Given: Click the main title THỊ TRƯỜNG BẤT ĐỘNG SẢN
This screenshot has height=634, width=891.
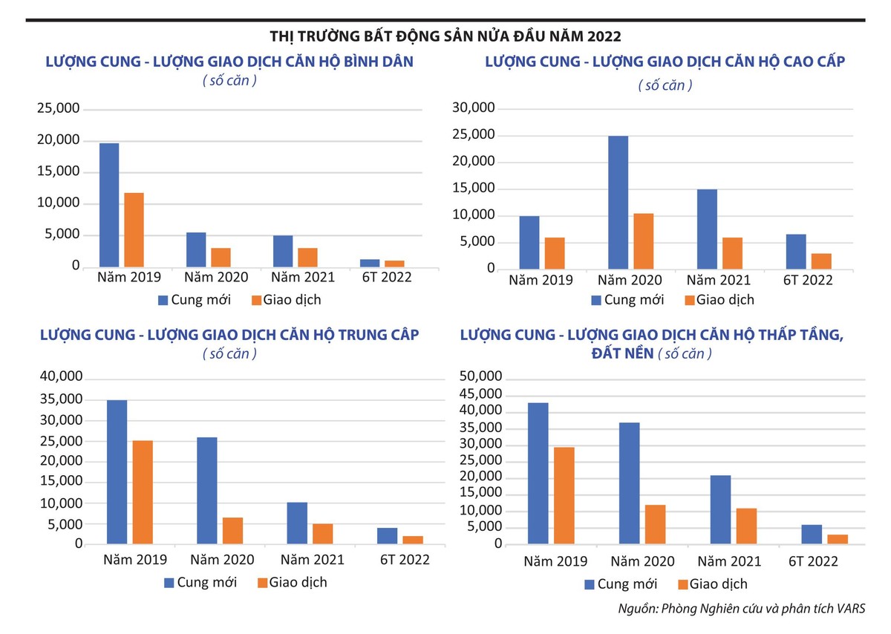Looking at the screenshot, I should [446, 36].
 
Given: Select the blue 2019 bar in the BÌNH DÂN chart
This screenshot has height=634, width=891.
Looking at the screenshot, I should [109, 204].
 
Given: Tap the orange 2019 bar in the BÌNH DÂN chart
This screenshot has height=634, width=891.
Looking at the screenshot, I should [134, 229].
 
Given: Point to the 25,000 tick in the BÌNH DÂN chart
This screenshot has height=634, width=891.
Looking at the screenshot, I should [58, 109].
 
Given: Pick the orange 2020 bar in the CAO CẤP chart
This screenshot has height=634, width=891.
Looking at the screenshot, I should [643, 241].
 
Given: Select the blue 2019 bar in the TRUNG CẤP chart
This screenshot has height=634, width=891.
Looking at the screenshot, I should [117, 472].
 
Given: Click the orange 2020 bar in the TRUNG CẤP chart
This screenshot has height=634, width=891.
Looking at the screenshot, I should [232, 531].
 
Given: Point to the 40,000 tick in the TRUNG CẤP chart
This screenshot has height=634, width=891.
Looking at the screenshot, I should [61, 378].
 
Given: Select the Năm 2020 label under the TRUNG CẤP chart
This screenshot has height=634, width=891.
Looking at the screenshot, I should [222, 560].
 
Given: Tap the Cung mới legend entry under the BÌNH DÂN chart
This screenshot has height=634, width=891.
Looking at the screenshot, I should [195, 300].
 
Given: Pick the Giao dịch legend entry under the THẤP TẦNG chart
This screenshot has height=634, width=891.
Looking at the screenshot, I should [713, 584].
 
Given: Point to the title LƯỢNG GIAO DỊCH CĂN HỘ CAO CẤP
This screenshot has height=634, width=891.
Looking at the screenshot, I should [665, 62].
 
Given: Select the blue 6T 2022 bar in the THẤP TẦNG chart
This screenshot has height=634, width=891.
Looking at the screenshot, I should [812, 535].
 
